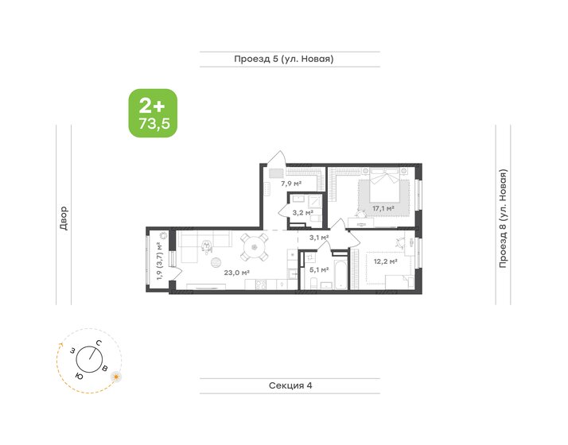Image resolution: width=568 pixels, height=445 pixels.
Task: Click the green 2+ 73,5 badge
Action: click(x=153, y=113)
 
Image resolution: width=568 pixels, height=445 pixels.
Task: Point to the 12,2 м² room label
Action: click(x=384, y=260)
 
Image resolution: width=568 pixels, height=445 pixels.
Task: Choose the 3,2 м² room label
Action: click(x=302, y=213)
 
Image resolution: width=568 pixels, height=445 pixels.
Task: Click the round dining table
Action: click(x=255, y=246)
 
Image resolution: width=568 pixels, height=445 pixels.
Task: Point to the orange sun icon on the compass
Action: click(x=117, y=375)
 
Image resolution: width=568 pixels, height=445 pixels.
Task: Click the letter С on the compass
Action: click(x=97, y=343)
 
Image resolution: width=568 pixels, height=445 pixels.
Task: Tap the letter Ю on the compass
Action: click(x=78, y=374)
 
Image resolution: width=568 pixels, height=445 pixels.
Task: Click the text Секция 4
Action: click(x=289, y=385)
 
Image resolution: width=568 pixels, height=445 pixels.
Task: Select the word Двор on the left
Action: click(x=64, y=218)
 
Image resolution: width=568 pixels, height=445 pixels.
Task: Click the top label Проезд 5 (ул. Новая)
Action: click(x=283, y=59)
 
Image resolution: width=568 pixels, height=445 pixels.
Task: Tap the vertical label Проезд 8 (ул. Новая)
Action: click(x=503, y=218)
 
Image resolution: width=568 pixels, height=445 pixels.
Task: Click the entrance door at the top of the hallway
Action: click(x=274, y=157)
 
